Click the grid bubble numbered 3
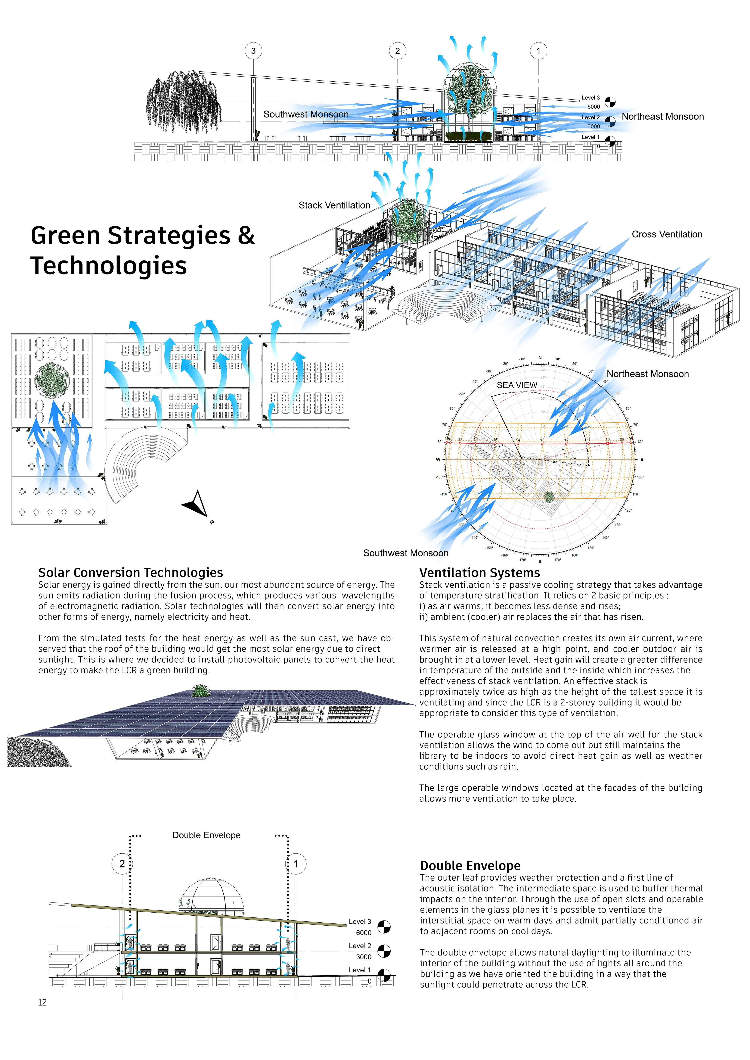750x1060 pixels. (x=253, y=51)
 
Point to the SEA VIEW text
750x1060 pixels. (x=517, y=385)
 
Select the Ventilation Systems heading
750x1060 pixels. (x=479, y=573)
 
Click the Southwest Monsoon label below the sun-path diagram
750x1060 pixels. (x=406, y=553)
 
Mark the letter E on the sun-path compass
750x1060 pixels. (x=641, y=459)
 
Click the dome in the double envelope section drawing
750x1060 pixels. (x=211, y=894)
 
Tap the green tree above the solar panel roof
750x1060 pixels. (x=199, y=691)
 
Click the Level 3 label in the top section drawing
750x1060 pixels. (x=590, y=98)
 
